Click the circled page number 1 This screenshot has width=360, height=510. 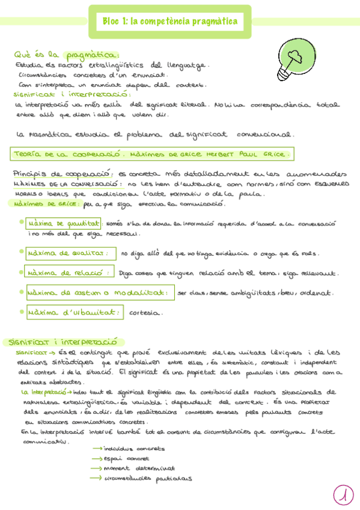click(x=343, y=494)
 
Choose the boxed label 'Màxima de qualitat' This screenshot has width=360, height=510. click(x=70, y=253)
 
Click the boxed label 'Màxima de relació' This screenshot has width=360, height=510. click(x=69, y=272)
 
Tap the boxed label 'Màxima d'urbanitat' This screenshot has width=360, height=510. click(x=75, y=312)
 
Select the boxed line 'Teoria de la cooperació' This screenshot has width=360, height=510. click(x=152, y=155)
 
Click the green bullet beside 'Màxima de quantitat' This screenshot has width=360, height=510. click(x=22, y=222)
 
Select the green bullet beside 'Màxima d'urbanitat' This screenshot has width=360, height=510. click(x=22, y=311)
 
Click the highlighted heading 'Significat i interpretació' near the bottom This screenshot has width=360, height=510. click(x=60, y=341)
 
